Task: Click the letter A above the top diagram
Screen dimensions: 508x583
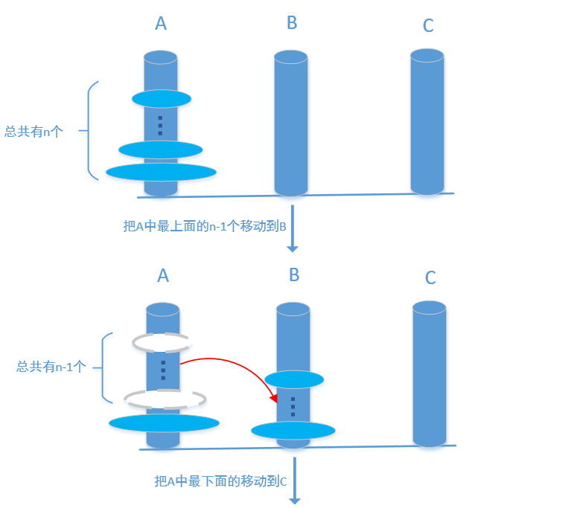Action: (x=161, y=23)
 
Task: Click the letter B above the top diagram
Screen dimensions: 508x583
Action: (x=292, y=23)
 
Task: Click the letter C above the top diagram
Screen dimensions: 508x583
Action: (x=428, y=26)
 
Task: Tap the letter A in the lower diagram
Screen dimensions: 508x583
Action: (x=163, y=275)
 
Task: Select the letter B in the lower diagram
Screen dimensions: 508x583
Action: (x=294, y=275)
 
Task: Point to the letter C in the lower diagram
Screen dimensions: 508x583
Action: (x=430, y=278)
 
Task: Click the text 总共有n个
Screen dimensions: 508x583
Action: (x=34, y=132)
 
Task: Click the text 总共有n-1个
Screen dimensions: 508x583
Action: (x=51, y=367)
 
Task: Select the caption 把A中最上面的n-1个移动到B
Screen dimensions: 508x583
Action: (x=205, y=226)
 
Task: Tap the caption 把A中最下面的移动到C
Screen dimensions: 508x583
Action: (x=220, y=482)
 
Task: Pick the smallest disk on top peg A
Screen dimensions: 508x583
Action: (x=162, y=98)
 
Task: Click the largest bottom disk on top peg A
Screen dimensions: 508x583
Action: (x=161, y=172)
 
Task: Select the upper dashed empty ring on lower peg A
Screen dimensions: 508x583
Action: (x=162, y=342)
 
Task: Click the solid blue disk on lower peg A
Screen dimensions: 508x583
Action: (x=164, y=423)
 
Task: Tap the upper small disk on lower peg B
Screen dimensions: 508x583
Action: (x=294, y=379)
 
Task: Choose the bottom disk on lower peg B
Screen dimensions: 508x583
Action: (x=293, y=430)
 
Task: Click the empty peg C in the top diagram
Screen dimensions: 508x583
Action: (x=427, y=123)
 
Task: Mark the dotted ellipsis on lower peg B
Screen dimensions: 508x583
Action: (x=293, y=406)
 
